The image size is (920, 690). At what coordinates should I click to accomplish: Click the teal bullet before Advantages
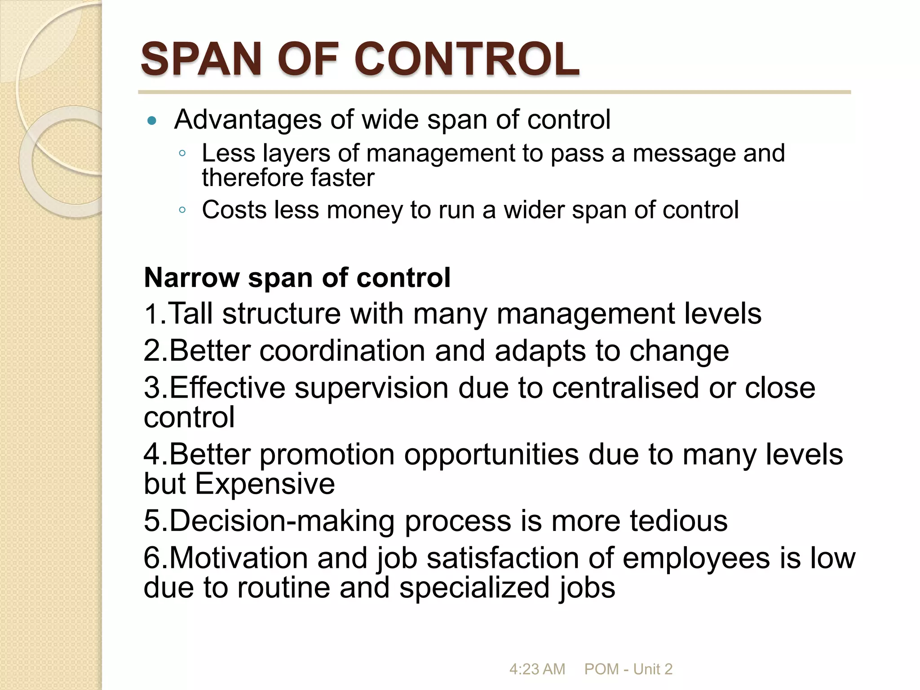152,120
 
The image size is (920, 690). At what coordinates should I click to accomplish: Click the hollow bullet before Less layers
182,154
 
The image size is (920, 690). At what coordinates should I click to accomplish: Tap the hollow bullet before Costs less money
182,210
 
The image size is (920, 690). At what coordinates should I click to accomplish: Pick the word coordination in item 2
342,350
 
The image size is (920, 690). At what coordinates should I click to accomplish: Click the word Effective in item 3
227,387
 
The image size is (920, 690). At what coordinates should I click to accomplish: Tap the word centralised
625,387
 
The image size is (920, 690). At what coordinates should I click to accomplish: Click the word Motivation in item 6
238,558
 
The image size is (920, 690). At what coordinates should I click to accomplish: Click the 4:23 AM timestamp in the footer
537,669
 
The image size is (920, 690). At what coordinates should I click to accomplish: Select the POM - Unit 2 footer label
628,669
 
